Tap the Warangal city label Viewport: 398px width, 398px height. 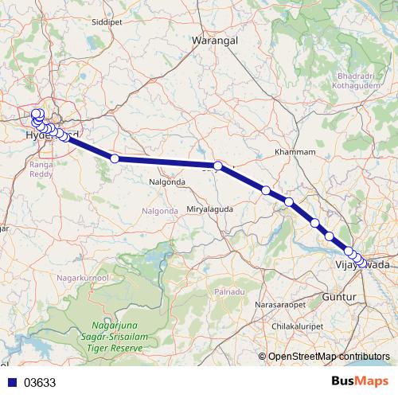(x=215, y=38)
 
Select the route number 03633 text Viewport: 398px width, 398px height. (x=41, y=383)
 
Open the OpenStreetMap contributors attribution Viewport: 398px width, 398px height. (x=329, y=357)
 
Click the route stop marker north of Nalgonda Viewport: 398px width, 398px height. (x=115, y=158)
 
